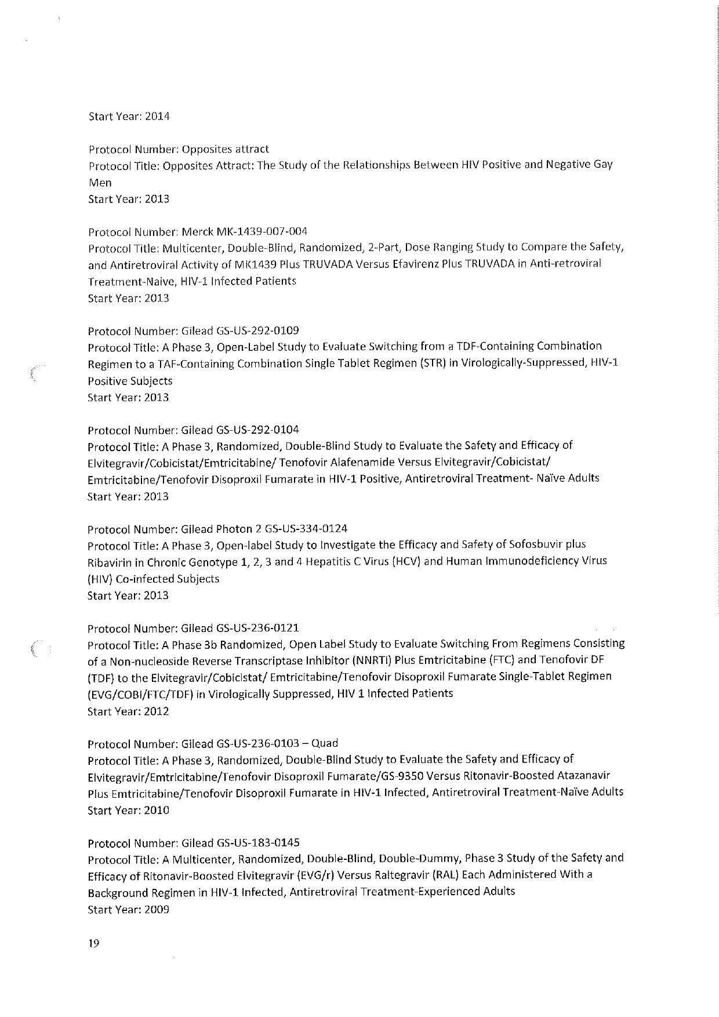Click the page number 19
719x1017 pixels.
tap(94, 943)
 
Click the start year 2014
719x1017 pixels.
tap(157, 116)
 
